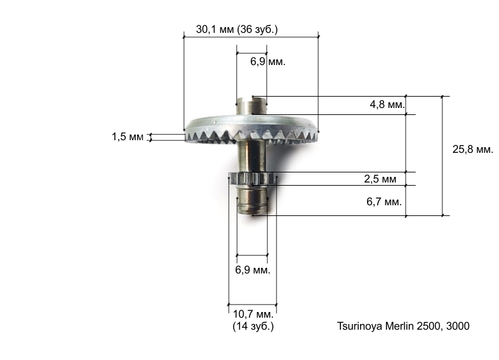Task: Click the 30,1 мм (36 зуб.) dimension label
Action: click(x=237, y=30)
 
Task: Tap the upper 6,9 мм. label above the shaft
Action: click(x=268, y=61)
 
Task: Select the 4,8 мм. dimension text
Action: click(x=387, y=104)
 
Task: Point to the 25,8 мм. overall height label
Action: click(x=472, y=149)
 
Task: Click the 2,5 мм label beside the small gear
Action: click(x=380, y=179)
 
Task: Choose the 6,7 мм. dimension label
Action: click(x=384, y=201)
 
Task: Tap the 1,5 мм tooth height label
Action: click(x=128, y=137)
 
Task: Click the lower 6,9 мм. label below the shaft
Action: click(x=253, y=270)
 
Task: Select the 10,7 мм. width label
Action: click(x=253, y=314)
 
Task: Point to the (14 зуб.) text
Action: click(x=253, y=327)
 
